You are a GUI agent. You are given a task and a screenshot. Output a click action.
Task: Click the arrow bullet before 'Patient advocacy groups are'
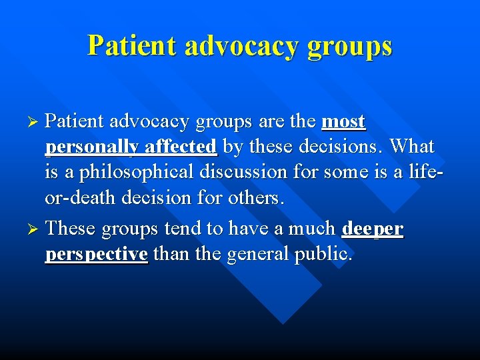37,122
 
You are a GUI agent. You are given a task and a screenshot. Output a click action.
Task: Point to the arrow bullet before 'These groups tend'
37,229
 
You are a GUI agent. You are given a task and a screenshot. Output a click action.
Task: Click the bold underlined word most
343,122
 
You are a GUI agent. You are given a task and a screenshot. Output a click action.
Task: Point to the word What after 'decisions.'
411,146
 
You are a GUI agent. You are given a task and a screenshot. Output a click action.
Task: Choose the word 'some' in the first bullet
346,172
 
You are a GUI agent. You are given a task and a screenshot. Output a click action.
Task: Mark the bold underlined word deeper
372,229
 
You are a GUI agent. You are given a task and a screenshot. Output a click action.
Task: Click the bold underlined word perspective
96,255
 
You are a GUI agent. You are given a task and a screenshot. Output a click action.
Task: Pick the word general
258,255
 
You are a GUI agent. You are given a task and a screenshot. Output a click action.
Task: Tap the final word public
323,255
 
